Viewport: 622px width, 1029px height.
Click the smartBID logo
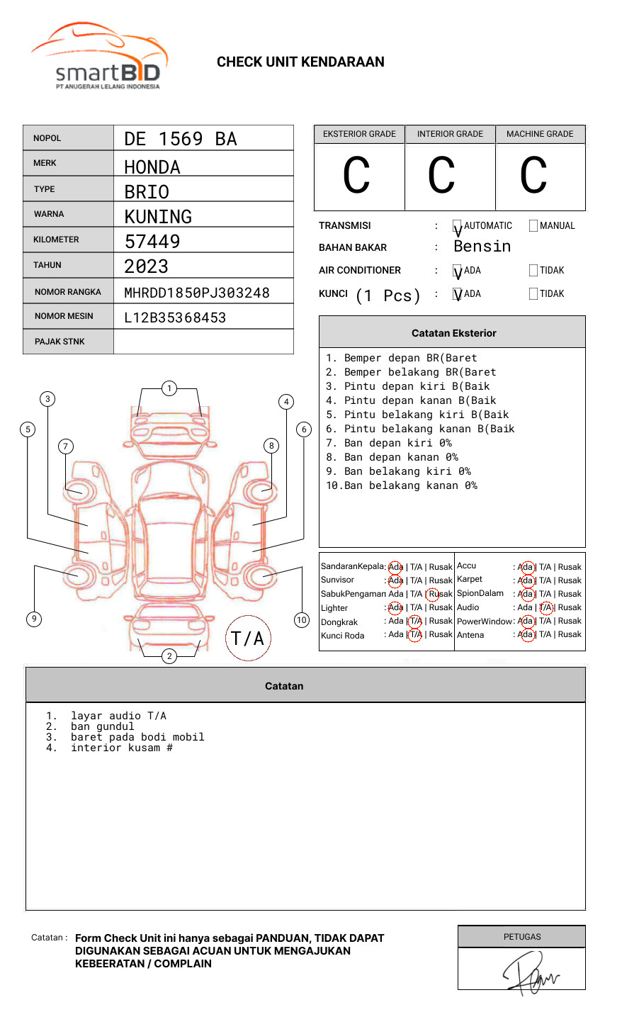tap(99, 57)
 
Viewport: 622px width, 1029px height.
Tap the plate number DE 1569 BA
tap(181, 139)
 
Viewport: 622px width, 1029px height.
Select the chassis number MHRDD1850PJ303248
tap(196, 293)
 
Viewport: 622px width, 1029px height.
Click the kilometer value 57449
tap(152, 242)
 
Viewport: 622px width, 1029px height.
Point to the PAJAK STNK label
tap(60, 342)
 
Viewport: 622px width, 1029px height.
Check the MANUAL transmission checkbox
tap(533, 226)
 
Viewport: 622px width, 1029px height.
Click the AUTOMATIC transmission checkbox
tap(458, 226)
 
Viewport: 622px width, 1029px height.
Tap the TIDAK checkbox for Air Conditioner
tap(533, 271)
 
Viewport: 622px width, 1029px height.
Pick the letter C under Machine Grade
tap(533, 175)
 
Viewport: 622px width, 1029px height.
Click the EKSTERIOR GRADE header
tap(359, 134)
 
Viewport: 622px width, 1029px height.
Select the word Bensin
tap(482, 247)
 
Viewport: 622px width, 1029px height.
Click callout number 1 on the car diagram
tap(169, 388)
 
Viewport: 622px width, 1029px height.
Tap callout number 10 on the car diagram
tap(302, 620)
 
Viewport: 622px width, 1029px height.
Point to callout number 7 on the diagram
tap(65, 446)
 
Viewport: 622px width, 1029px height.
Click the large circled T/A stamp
tap(248, 639)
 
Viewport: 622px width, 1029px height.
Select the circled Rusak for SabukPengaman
tap(439, 594)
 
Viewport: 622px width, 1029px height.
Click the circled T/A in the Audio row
tap(545, 607)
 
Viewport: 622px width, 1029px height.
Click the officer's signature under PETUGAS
tap(528, 972)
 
